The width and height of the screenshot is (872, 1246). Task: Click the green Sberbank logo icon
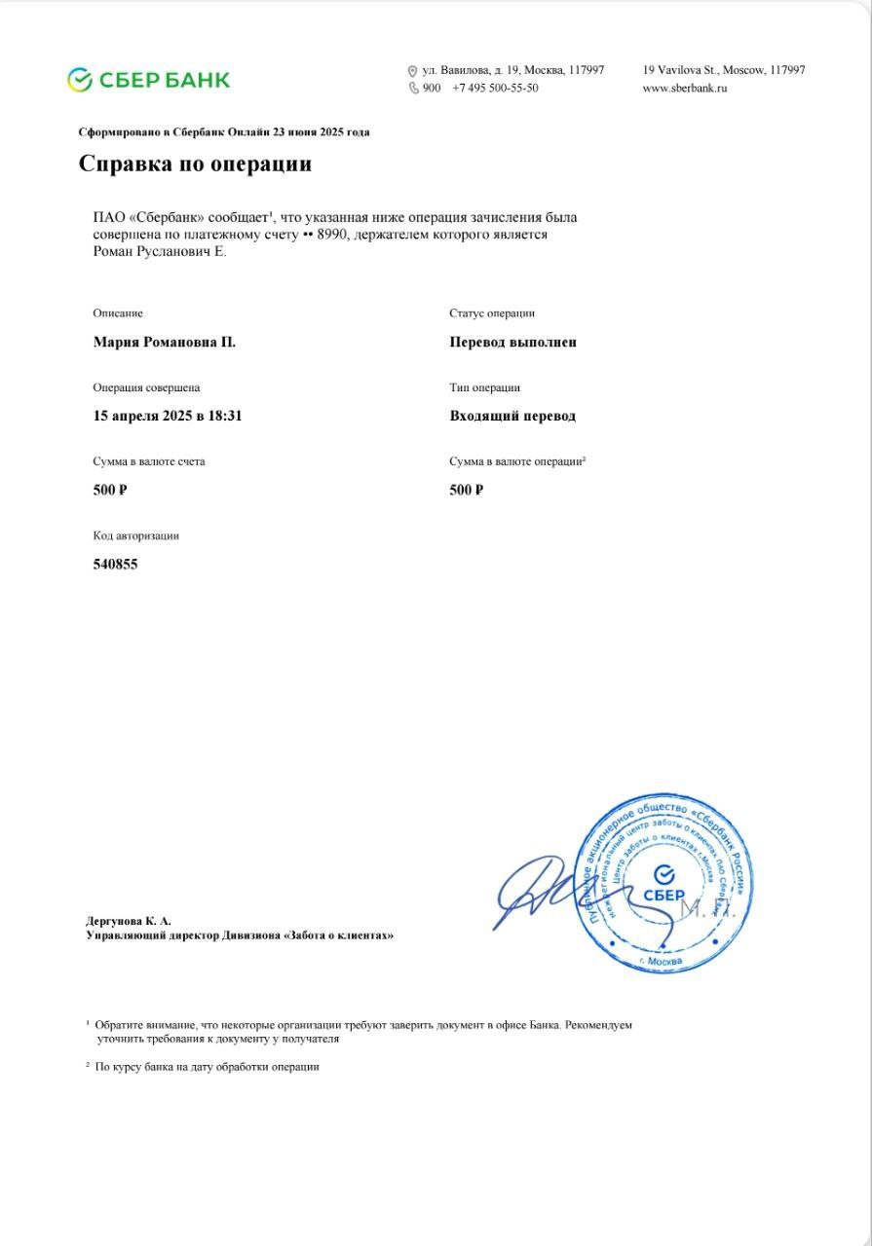80,80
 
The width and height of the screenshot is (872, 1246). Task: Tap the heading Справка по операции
195,164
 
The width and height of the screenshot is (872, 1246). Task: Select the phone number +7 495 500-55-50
495,88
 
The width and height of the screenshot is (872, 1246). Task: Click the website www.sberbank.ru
685,88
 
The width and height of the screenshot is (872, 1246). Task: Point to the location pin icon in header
412,71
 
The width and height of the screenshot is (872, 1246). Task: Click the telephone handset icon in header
413,88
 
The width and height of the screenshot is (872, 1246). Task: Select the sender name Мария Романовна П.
165,343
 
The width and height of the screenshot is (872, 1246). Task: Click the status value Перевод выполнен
512,343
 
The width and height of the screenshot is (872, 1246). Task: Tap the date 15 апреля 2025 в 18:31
168,416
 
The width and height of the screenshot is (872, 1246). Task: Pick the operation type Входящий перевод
512,416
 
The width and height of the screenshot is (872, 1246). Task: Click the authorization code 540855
115,564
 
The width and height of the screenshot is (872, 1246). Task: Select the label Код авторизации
136,535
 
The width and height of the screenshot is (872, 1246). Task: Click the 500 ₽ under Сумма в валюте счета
110,490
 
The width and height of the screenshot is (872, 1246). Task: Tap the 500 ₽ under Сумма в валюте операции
467,490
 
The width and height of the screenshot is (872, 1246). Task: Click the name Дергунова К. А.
129,920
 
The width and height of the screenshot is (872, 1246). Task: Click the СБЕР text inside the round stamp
664,895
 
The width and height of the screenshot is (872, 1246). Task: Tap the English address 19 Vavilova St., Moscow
723,70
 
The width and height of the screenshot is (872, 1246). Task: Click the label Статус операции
492,313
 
